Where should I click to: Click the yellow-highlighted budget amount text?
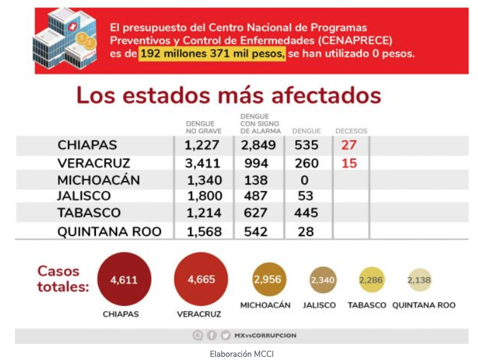point(212,54)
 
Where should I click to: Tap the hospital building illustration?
point(65,38)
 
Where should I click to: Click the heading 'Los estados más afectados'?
point(228,95)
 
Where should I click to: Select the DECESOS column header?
point(351,131)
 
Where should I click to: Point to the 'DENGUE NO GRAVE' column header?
point(204,127)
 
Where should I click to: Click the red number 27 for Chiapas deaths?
point(349,145)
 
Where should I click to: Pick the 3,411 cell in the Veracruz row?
point(202,164)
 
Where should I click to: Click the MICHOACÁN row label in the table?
point(98,180)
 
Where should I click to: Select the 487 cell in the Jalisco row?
point(255,196)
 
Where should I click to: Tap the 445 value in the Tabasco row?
point(306,213)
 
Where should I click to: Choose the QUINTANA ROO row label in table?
point(110,232)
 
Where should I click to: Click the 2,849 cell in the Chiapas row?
point(258,145)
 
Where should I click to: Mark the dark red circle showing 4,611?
point(124,279)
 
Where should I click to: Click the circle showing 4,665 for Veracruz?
point(201,279)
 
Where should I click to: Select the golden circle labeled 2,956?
point(268,279)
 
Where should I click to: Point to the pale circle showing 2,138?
point(419,280)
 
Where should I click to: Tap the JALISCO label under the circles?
point(319,305)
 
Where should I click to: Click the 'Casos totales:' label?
point(63,279)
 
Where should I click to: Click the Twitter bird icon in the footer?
point(225,335)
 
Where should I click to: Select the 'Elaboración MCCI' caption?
point(241,354)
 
